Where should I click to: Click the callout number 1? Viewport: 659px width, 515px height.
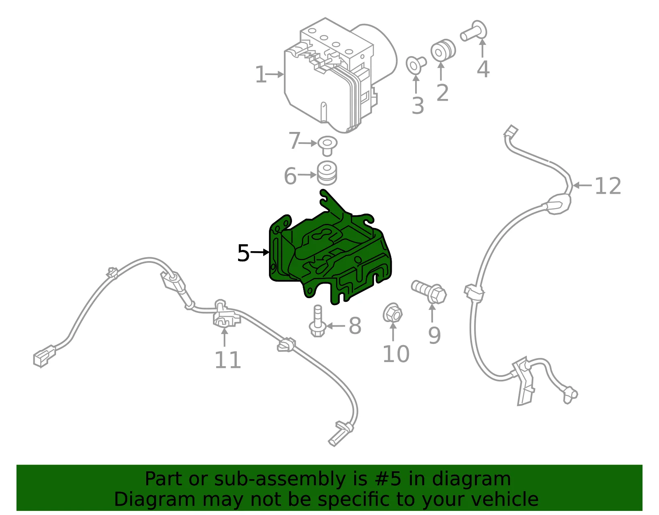(260, 74)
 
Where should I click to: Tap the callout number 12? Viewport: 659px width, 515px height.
(608, 186)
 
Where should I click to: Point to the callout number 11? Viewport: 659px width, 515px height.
(227, 360)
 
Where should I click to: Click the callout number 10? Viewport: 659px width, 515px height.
(396, 354)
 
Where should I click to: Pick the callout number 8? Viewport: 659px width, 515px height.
(355, 326)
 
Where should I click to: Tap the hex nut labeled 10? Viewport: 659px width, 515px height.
(393, 313)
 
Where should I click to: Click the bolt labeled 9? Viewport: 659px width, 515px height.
(429, 292)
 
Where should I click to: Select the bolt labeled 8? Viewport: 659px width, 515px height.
(317, 321)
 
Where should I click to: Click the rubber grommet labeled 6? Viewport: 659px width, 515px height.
(327, 173)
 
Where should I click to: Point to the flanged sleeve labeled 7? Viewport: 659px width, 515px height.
(327, 146)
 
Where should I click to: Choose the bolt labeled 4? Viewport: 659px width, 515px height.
(474, 31)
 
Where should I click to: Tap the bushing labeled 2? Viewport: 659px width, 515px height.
(443, 50)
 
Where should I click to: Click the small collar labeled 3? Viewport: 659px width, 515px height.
(416, 65)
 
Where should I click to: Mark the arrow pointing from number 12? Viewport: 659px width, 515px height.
(582, 185)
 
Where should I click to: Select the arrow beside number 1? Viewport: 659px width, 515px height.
(275, 74)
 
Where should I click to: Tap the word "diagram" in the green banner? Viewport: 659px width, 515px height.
(471, 479)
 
